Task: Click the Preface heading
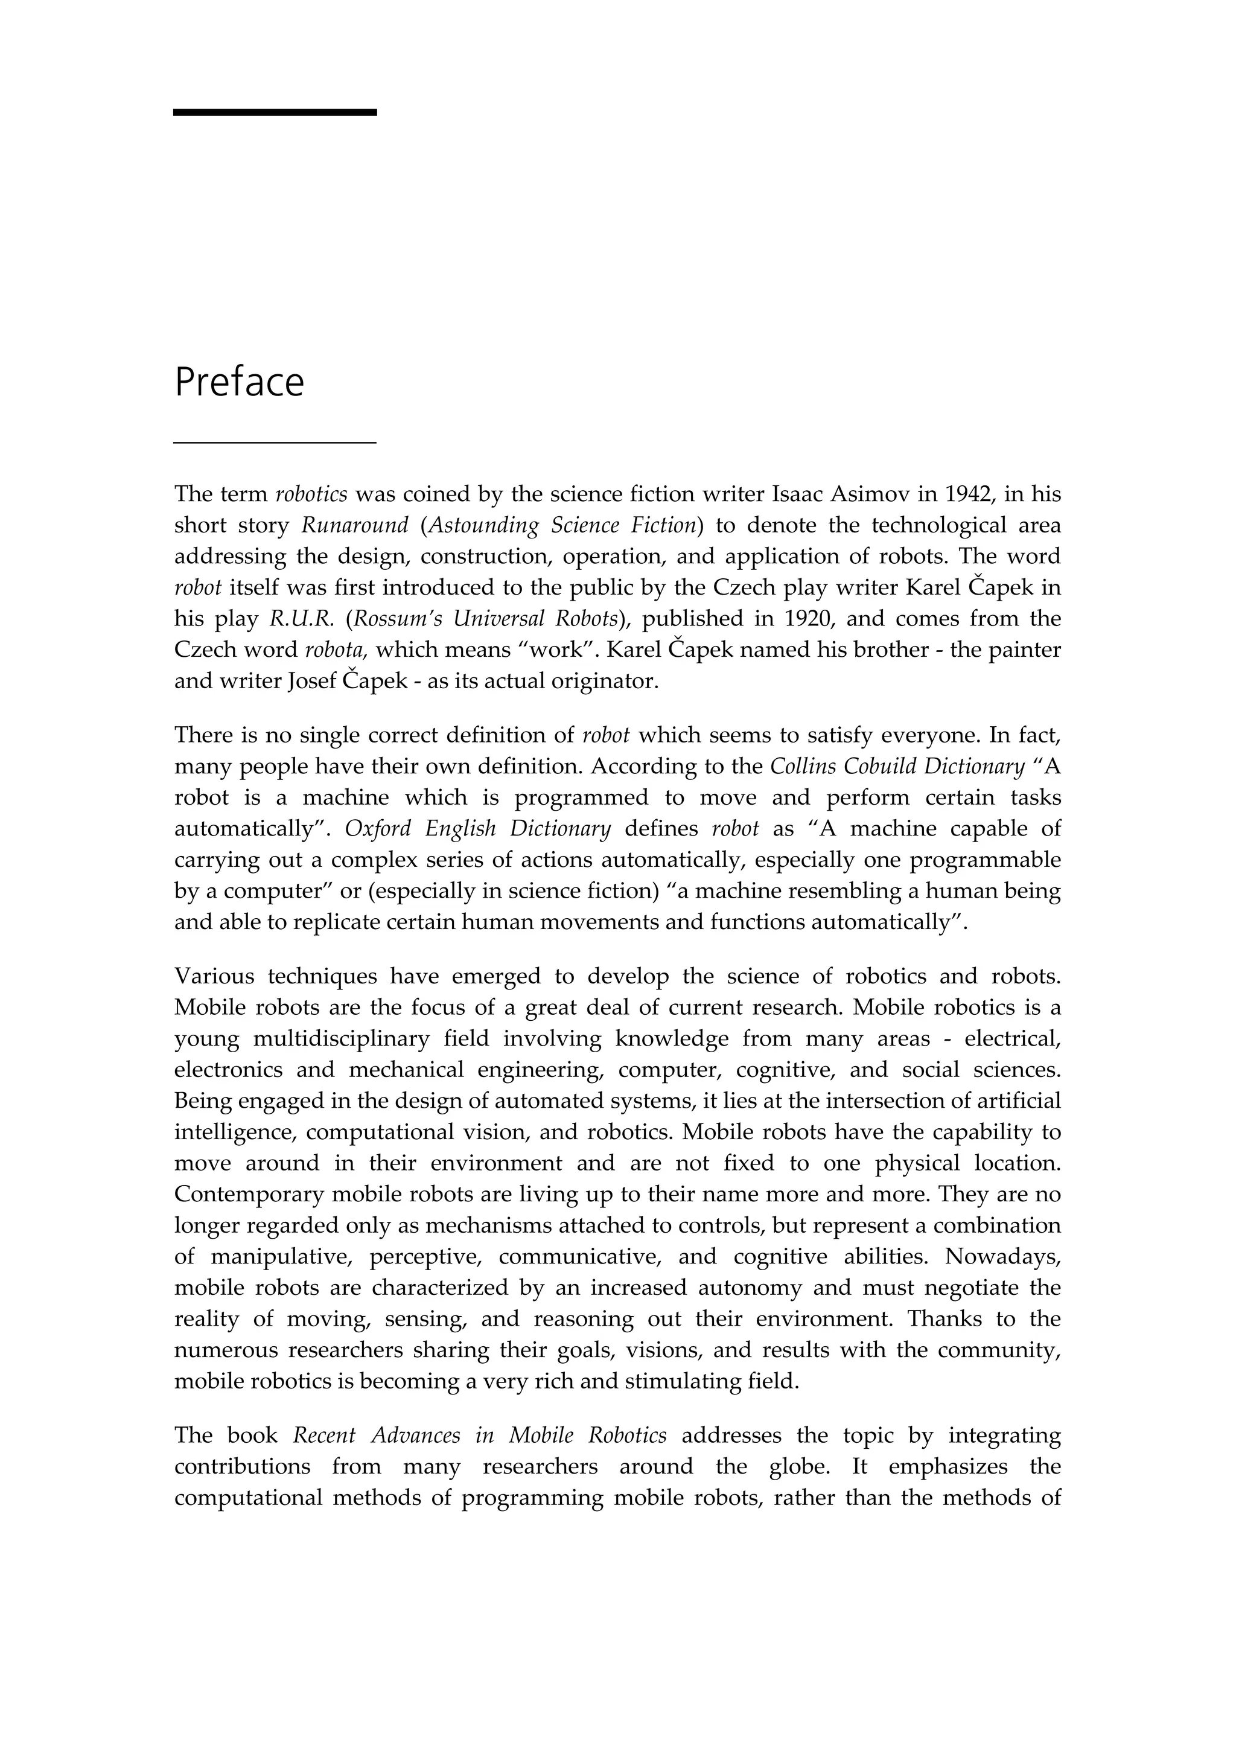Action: [x=239, y=382]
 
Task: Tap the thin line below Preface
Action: [x=275, y=441]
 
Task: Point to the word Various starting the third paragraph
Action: [x=214, y=976]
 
